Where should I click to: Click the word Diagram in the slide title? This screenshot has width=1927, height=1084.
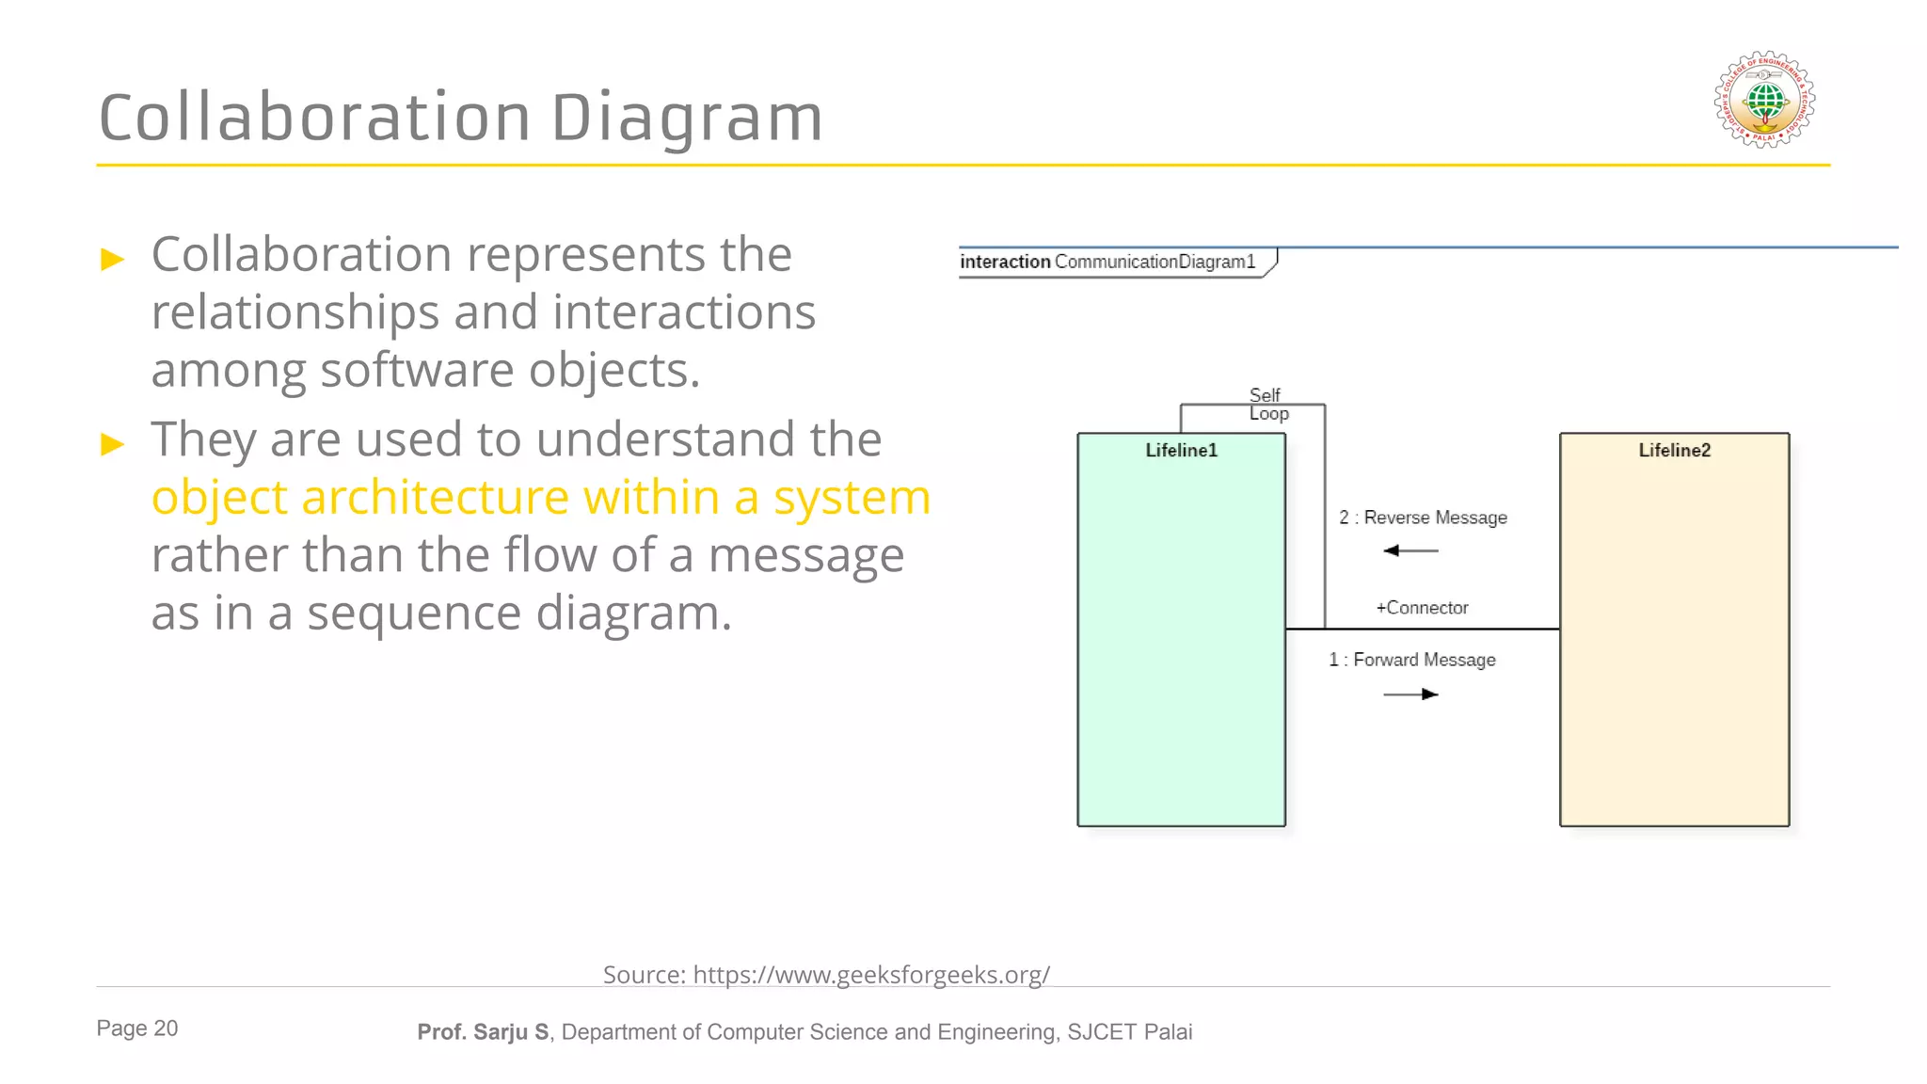pos(686,118)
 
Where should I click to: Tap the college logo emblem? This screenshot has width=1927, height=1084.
pos(1764,100)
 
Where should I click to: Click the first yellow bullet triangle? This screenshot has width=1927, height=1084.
pos(113,259)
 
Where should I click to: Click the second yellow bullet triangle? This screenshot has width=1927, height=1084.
pos(113,443)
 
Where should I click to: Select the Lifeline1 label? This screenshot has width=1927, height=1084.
pos(1181,451)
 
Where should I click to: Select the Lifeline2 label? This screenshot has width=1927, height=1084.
pos(1674,451)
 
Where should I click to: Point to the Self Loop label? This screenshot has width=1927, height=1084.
pos(1267,405)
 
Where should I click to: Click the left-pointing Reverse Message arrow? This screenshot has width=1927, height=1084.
pos(1410,550)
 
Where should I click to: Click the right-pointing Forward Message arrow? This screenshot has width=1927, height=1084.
pos(1411,694)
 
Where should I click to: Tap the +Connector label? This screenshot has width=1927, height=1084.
pos(1422,608)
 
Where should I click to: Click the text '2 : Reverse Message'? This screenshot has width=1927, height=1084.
pos(1423,518)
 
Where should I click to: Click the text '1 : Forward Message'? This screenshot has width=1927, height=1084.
pos(1411,660)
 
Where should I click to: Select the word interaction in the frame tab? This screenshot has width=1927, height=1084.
pos(1004,262)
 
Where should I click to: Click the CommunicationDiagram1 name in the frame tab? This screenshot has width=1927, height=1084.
pos(1155,262)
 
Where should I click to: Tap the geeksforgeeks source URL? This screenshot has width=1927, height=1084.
pos(871,975)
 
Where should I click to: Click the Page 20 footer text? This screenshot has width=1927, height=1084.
pos(136,1028)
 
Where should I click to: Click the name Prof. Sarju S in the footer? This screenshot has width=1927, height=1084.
pos(483,1032)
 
